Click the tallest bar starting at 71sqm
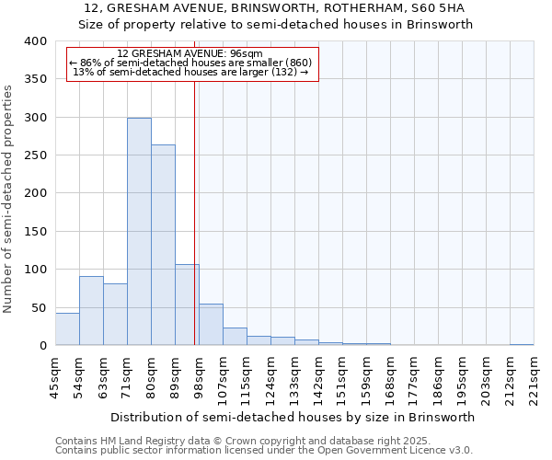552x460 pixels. click(x=139, y=232)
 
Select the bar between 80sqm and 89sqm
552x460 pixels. click(x=163, y=245)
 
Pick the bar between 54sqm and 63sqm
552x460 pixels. click(x=91, y=311)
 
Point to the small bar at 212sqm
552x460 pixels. click(x=522, y=344)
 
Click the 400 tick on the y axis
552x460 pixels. click(x=34, y=41)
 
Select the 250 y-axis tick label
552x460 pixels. click(x=34, y=155)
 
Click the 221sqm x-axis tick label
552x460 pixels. click(x=534, y=377)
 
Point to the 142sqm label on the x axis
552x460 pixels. click(x=318, y=377)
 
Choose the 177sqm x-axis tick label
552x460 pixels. click(x=414, y=377)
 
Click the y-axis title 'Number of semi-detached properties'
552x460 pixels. click(x=8, y=198)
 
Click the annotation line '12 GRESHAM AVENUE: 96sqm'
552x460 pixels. click(x=190, y=53)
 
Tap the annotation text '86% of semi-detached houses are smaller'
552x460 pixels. click(x=190, y=63)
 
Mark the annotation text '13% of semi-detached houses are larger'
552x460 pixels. click(x=190, y=72)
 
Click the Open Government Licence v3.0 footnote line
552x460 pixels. click(x=264, y=450)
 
